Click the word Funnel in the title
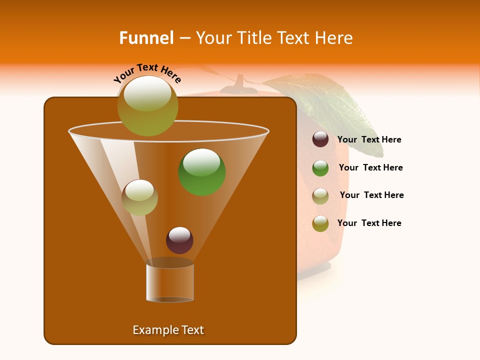coord(146,38)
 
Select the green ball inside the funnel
coord(201,172)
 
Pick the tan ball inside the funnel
coord(139,197)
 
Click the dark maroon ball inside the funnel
coord(179,240)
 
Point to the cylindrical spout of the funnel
coord(170,282)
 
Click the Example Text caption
coord(168,330)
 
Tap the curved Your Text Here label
coord(147,73)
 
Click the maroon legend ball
coord(320,139)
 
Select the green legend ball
coord(320,168)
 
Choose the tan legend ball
coord(320,196)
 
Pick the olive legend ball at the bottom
coord(320,223)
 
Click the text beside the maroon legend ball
coord(369,139)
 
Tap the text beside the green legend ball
coord(370,167)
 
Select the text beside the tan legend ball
coord(371,195)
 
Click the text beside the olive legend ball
coord(369,223)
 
